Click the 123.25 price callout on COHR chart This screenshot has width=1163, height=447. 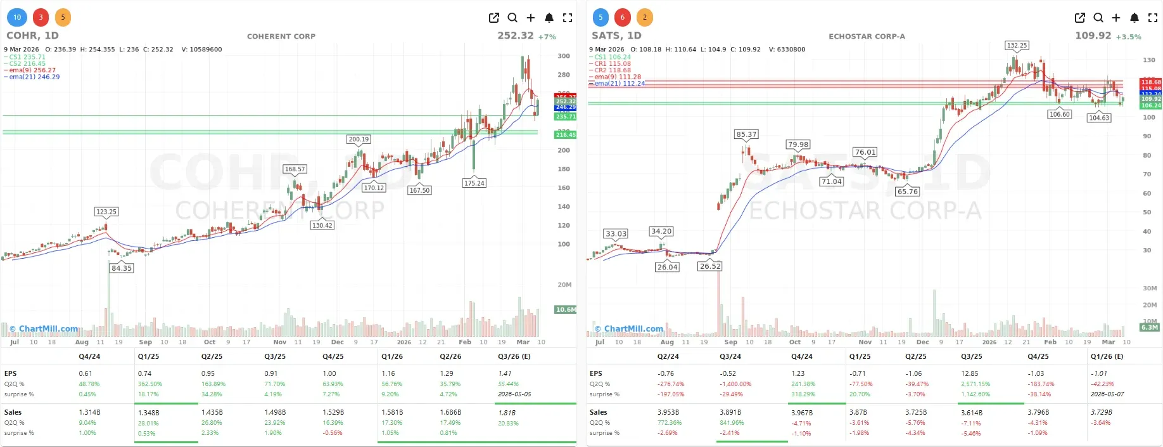tap(106, 212)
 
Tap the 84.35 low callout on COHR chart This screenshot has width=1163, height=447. tap(122, 268)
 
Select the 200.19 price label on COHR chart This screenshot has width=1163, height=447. tap(359, 139)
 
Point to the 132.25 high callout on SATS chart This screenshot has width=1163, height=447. tap(1017, 45)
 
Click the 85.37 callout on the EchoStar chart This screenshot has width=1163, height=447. tap(746, 134)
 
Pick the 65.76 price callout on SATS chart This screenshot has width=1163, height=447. tap(907, 191)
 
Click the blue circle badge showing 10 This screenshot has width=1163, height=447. tap(17, 17)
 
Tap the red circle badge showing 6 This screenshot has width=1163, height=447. tap(623, 17)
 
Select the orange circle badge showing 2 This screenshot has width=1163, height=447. tap(645, 17)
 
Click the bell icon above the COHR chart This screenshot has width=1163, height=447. tap(549, 18)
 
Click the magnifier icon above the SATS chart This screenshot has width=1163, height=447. tap(1098, 18)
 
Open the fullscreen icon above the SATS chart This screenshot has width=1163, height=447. tap(1153, 18)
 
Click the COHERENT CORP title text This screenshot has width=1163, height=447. tap(281, 36)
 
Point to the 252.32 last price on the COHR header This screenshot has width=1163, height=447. tap(515, 36)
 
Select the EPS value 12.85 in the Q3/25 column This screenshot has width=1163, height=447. tap(969, 373)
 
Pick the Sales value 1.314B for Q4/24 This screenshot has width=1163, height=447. tap(89, 412)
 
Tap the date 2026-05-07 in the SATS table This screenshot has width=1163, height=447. tap(1107, 394)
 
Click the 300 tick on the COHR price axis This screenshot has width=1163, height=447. tap(563, 56)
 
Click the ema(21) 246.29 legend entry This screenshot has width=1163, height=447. tap(34, 77)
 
